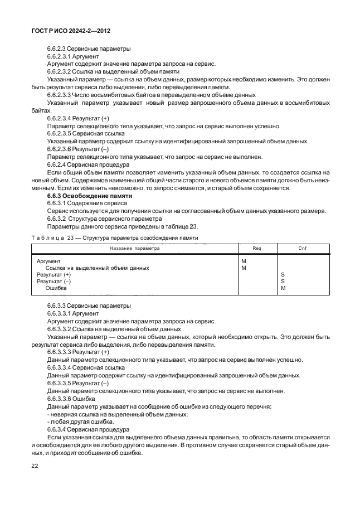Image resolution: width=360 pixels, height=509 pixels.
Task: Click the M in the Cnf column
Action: point(283,288)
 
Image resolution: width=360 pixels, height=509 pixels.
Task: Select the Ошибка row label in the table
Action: point(56,288)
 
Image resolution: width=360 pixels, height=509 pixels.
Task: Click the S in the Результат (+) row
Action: point(283,275)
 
